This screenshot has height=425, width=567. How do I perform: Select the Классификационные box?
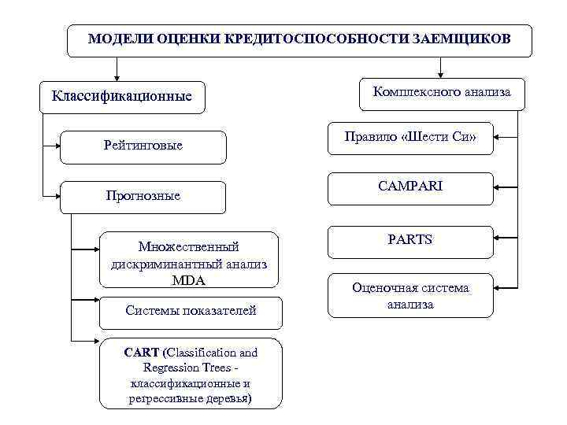tap(121, 98)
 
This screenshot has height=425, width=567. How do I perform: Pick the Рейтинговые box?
tap(143, 146)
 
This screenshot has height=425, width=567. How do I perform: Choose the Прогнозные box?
tap(143, 196)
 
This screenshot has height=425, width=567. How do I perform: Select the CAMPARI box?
tap(409, 188)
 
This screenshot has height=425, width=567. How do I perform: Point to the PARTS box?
tap(409, 239)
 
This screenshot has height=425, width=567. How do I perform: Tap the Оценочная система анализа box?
tap(409, 296)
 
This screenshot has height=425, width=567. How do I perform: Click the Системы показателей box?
tap(191, 311)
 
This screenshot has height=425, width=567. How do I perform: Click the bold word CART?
tap(141, 353)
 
